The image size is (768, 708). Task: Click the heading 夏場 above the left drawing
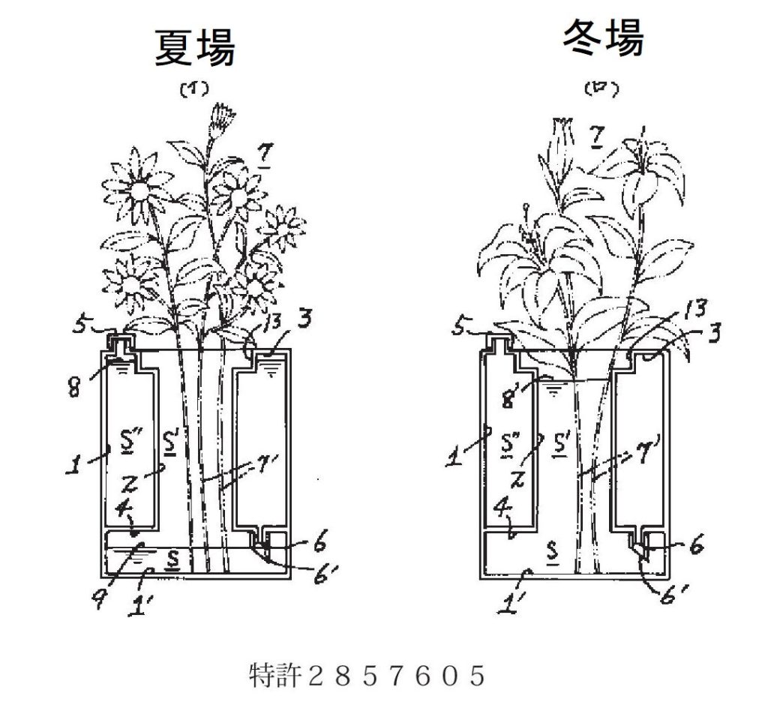pos(195,49)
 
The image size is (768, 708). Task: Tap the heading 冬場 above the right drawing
pos(603,37)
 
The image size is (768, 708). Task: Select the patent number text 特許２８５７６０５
pos(367,677)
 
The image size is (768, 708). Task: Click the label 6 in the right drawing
pos(697,547)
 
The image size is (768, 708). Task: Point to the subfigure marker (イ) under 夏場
pos(193,90)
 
